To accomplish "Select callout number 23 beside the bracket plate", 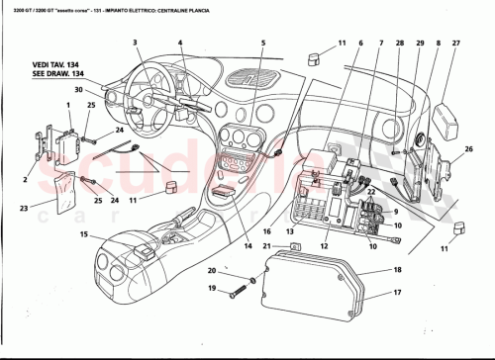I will pyautogui.click(x=24, y=210).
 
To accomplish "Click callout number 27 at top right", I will pyautogui.click(x=455, y=43).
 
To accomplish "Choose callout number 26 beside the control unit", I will pyautogui.click(x=468, y=149).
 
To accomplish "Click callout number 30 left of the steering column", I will pyautogui.click(x=105, y=91).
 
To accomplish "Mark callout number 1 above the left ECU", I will pyautogui.click(x=67, y=105).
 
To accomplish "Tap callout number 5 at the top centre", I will pyautogui.click(x=263, y=43).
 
